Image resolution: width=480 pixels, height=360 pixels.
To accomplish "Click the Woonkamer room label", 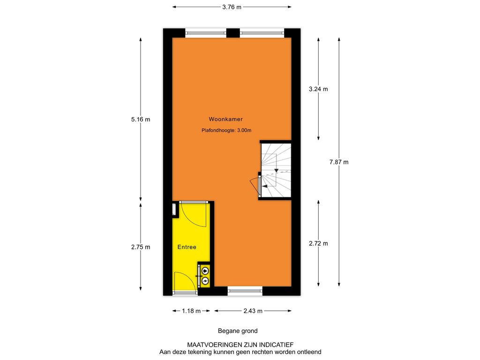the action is pyautogui.click(x=225, y=119).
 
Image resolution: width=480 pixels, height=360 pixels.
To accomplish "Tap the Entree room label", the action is pyautogui.click(x=187, y=247).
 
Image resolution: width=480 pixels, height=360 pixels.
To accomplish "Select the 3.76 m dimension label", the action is pyautogui.click(x=232, y=7).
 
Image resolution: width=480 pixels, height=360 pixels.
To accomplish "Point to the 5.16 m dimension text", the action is pyautogui.click(x=141, y=120).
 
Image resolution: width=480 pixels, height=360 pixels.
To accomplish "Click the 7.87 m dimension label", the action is pyautogui.click(x=339, y=162).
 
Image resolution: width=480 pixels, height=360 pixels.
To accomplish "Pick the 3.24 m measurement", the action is pyautogui.click(x=318, y=89).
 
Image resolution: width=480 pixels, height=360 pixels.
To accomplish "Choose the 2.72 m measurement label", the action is pyautogui.click(x=318, y=244).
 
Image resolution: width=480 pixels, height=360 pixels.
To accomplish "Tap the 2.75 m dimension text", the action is pyautogui.click(x=141, y=247).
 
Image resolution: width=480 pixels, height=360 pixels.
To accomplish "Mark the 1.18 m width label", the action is pyautogui.click(x=191, y=311).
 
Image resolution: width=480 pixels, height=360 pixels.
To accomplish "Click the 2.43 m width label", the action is pyautogui.click(x=253, y=311).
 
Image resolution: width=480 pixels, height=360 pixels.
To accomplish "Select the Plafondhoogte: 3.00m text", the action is pyautogui.click(x=226, y=130).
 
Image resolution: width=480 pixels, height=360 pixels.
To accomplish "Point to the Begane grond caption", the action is pyautogui.click(x=238, y=331).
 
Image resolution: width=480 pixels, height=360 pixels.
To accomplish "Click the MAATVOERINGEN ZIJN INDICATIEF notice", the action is pyautogui.click(x=240, y=345).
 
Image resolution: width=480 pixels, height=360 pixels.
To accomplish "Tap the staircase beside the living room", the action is pyautogui.click(x=276, y=170).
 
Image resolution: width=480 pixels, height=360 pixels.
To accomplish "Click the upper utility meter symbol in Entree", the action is pyautogui.click(x=205, y=270).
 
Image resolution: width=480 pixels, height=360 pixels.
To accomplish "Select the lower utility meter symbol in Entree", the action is pyautogui.click(x=205, y=280).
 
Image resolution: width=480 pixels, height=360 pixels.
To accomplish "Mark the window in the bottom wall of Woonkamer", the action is pyautogui.click(x=245, y=291).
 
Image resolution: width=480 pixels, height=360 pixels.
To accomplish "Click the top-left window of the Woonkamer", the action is pyautogui.click(x=206, y=33).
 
